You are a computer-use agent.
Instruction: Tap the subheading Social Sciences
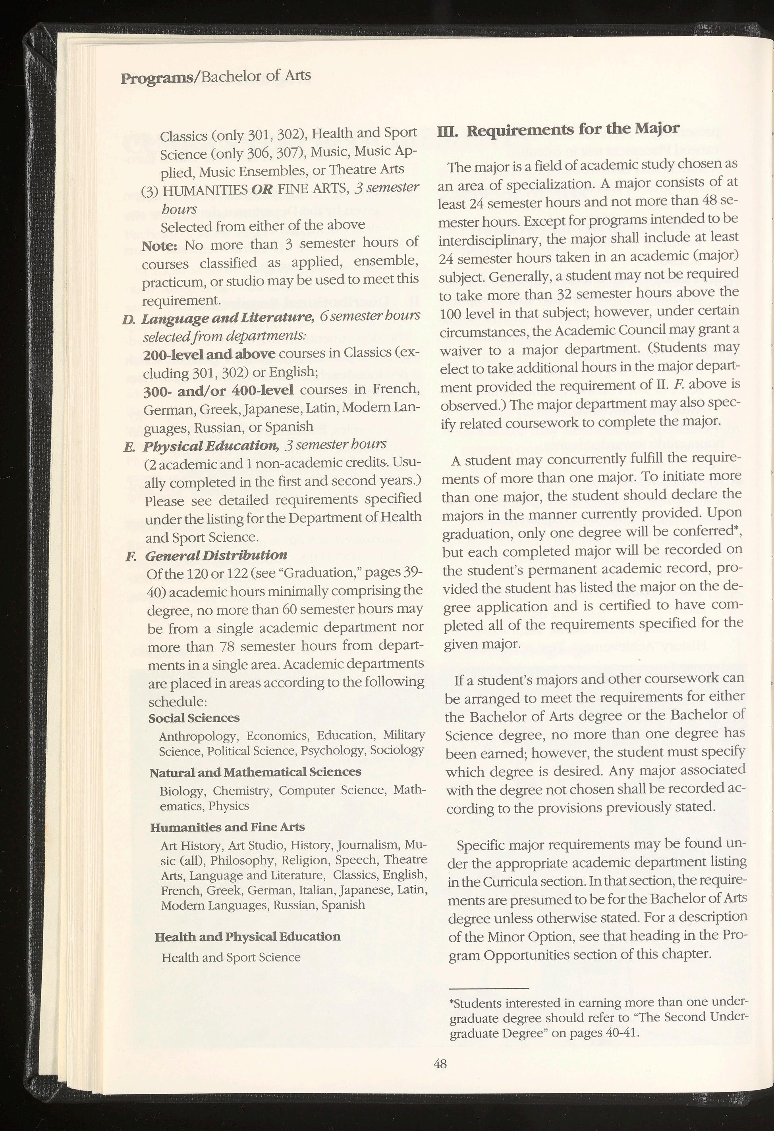tap(194, 718)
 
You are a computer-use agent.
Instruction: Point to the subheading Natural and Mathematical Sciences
tap(255, 772)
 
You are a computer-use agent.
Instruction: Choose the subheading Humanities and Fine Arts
tap(228, 827)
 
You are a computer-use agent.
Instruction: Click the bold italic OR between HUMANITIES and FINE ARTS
tap(262, 189)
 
